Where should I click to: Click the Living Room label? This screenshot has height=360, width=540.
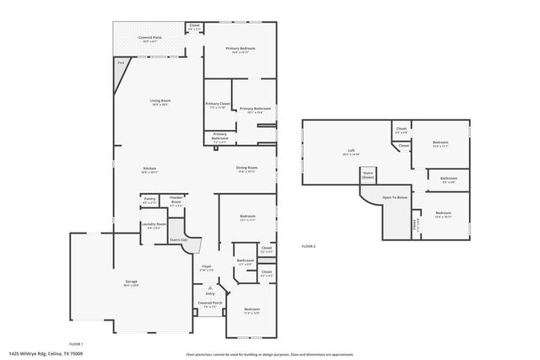coord(160,100)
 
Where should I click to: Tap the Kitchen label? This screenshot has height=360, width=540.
coord(149,169)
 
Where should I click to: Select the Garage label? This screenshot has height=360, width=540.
coord(131,282)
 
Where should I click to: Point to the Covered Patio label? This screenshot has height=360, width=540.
coord(151,37)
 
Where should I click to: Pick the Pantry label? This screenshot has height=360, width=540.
coord(149,200)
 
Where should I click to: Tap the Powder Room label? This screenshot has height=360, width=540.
coord(176,201)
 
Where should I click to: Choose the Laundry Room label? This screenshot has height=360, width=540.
coord(154,223)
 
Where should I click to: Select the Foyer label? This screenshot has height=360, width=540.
coord(206,266)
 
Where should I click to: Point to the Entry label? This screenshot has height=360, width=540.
coord(210,293)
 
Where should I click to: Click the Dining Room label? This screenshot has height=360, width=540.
coord(246,167)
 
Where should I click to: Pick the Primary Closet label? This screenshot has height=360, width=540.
coord(218,104)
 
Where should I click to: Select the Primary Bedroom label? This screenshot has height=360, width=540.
coord(240,48)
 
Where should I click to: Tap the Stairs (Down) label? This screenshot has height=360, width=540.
coord(368,176)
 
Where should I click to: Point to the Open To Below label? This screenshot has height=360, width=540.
coord(395,197)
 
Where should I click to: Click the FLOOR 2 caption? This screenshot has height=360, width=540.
coord(308,245)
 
